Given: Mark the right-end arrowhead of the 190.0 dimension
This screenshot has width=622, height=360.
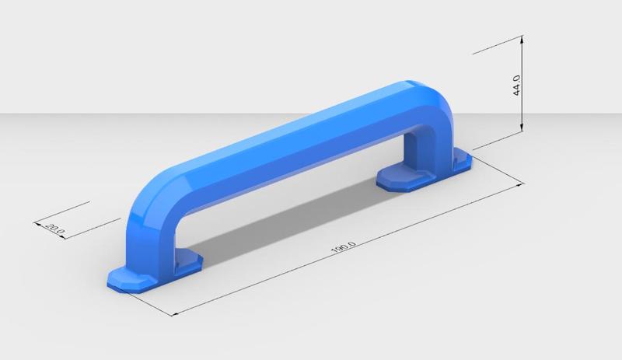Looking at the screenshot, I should click(x=519, y=185).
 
